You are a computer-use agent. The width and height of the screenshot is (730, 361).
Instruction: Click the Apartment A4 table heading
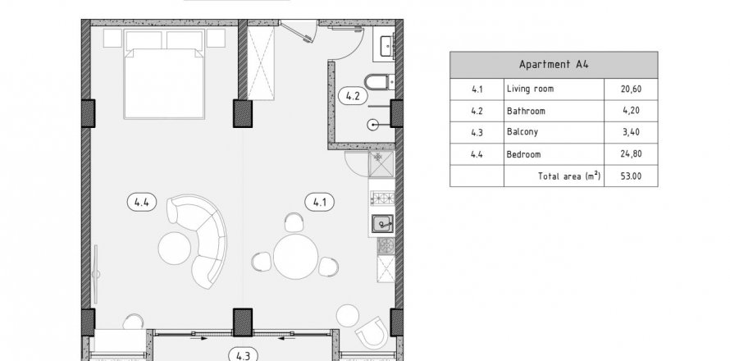pos(554,65)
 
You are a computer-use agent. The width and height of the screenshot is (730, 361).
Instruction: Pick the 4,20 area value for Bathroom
pos(631,111)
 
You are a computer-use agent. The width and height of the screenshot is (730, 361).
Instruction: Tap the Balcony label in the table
pos(522,132)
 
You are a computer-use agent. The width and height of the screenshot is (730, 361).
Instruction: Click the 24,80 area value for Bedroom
pos(631,153)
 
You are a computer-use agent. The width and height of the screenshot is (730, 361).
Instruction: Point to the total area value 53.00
pos(631,176)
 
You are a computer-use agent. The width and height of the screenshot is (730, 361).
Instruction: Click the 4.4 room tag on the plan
pos(142,202)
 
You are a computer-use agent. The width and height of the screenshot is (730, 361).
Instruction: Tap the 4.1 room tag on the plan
pos(319,202)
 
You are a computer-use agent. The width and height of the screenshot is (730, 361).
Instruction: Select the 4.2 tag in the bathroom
pos(354,97)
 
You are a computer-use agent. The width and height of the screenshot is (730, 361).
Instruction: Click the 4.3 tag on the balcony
pos(243,356)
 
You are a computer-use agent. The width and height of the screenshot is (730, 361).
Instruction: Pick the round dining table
pos(295,257)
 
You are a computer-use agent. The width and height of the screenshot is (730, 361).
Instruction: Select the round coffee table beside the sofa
pos(175,249)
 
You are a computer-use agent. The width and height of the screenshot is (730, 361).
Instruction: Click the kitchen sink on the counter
pos(382,224)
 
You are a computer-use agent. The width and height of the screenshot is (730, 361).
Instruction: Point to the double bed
pos(164,74)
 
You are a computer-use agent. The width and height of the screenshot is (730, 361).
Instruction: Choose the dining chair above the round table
pos(294,222)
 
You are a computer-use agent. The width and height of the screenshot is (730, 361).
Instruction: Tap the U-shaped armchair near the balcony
pos(372,332)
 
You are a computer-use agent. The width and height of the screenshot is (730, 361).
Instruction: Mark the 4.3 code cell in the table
pos(477,132)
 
